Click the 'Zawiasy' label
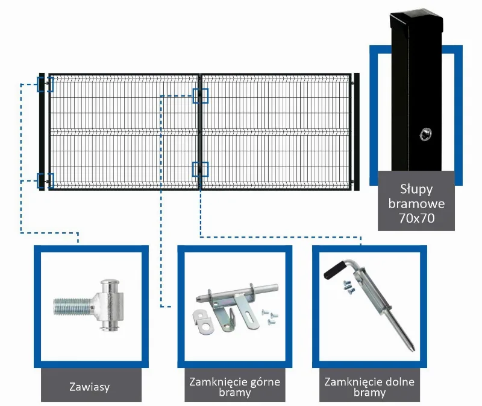(89, 387)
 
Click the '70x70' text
(416, 218)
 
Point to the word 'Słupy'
(416, 189)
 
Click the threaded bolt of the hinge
(72, 306)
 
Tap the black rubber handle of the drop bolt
(334, 269)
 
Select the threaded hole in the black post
(426, 134)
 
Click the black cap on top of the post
(416, 19)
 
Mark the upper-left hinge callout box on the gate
(45, 84)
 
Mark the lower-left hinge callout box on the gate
(45, 181)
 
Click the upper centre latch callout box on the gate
(201, 96)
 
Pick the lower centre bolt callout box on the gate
(201, 170)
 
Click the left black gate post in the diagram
(42, 132)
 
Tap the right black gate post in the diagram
(357, 132)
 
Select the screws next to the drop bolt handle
(349, 287)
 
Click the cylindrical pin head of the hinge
(110, 305)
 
